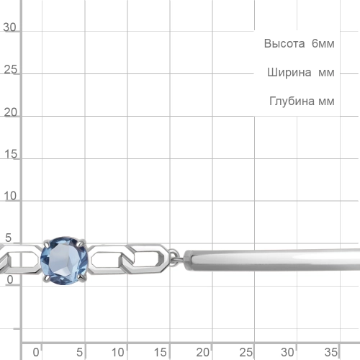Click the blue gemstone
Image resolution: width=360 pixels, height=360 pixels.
tap(64, 261)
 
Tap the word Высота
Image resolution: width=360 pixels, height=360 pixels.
tap(284, 44)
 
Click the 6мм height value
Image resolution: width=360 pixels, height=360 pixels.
tap(323, 44)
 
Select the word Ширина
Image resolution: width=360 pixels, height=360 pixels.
tap(289, 73)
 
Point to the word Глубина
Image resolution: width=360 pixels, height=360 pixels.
tap(292, 101)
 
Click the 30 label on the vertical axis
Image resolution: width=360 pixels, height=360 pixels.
tap(9, 27)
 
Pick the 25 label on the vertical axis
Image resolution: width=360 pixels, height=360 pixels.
tap(10, 70)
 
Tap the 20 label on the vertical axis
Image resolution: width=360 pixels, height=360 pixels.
tap(10, 112)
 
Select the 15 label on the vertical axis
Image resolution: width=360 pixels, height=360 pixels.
tap(11, 154)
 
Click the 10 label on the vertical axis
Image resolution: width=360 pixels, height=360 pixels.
tap(10, 196)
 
